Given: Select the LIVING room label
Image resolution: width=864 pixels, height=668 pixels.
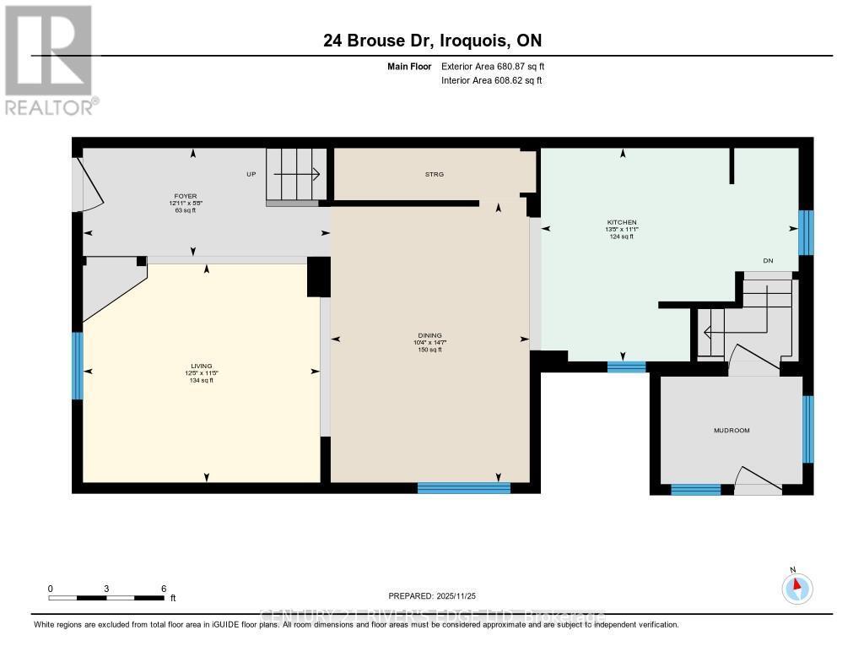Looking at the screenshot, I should tap(201, 366).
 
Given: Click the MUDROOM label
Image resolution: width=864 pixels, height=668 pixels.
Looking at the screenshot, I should tap(731, 431).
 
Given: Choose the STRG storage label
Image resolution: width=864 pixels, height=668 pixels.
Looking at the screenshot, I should tap(434, 174).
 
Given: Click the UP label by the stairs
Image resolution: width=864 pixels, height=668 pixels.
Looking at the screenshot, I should tap(251, 174).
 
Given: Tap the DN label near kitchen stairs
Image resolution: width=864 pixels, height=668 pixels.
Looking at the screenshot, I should tap(768, 261).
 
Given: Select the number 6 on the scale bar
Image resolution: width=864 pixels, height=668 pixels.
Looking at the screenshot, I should tap(164, 589).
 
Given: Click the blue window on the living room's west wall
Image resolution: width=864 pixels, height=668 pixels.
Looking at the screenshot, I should tap(77, 366).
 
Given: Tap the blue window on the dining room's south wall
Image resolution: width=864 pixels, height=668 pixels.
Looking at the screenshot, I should tap(464, 487).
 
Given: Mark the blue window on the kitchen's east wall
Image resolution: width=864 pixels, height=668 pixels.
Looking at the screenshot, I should tap(806, 232).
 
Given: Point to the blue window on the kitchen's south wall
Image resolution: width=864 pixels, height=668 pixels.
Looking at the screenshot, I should tap(626, 367).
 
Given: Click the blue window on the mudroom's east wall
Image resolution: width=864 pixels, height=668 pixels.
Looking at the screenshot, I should tap(807, 429).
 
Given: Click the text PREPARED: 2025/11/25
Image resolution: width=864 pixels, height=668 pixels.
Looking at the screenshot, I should tap(438, 595).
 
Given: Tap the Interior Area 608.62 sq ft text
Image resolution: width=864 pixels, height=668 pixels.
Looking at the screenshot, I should tap(491, 80).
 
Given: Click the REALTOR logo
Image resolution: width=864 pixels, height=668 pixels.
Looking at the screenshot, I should tap(50, 59).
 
